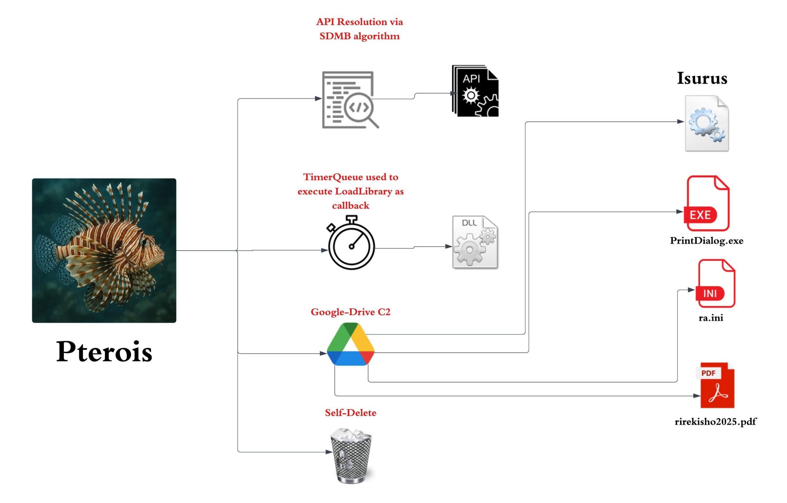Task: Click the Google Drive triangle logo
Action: (350, 345)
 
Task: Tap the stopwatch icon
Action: (351, 244)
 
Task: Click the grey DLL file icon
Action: (475, 242)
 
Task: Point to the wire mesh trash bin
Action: (351, 456)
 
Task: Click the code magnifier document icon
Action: (349, 100)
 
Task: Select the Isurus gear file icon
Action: (707, 124)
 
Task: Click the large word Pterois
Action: (104, 351)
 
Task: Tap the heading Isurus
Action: (702, 79)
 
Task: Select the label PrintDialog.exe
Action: (706, 241)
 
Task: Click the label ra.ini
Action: (711, 318)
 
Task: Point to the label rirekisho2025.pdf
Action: (716, 422)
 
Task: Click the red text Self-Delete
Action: (350, 413)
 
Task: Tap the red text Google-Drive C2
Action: (350, 312)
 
